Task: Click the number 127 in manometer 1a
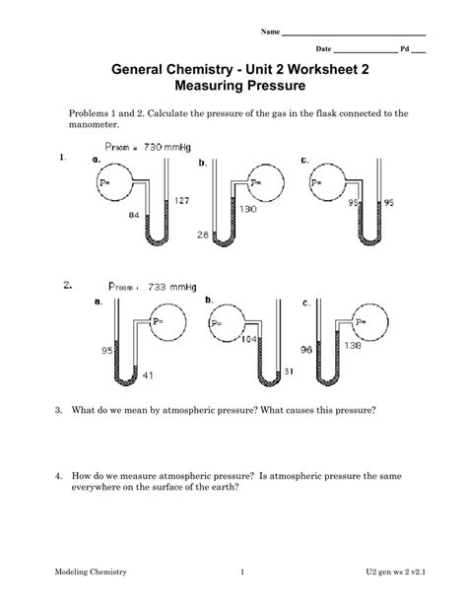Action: (x=182, y=201)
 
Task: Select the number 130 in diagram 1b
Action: (x=247, y=210)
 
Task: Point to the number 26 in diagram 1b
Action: (x=203, y=235)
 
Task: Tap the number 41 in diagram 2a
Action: (x=150, y=375)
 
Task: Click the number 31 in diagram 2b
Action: (x=287, y=370)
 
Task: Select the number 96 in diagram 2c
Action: (x=306, y=350)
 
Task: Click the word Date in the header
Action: (x=323, y=48)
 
